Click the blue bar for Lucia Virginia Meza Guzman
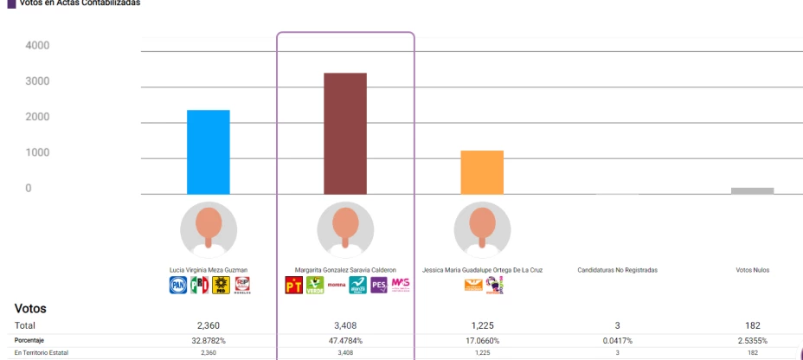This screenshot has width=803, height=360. tap(209, 152)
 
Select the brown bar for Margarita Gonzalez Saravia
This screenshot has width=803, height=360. tap(345, 134)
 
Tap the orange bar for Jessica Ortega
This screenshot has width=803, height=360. tap(482, 172)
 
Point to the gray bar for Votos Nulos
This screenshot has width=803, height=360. tap(752, 190)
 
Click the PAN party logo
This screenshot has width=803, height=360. tap(177, 285)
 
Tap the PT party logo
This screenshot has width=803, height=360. tap(293, 285)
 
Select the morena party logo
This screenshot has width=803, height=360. tap(336, 285)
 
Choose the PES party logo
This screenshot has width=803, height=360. tap(378, 285)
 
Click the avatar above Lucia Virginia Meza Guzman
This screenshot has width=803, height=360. tap(209, 230)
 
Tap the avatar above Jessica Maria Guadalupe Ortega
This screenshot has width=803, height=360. tap(482, 230)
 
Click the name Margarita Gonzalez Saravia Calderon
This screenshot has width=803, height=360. tap(346, 270)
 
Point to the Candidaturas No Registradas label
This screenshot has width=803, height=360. tap(617, 270)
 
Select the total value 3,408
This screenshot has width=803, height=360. tap(346, 325)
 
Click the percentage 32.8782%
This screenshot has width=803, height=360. tap(209, 340)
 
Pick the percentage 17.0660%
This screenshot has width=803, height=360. tap(482, 340)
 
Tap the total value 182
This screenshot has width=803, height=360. tap(753, 325)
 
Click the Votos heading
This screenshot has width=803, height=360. tap(30, 308)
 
